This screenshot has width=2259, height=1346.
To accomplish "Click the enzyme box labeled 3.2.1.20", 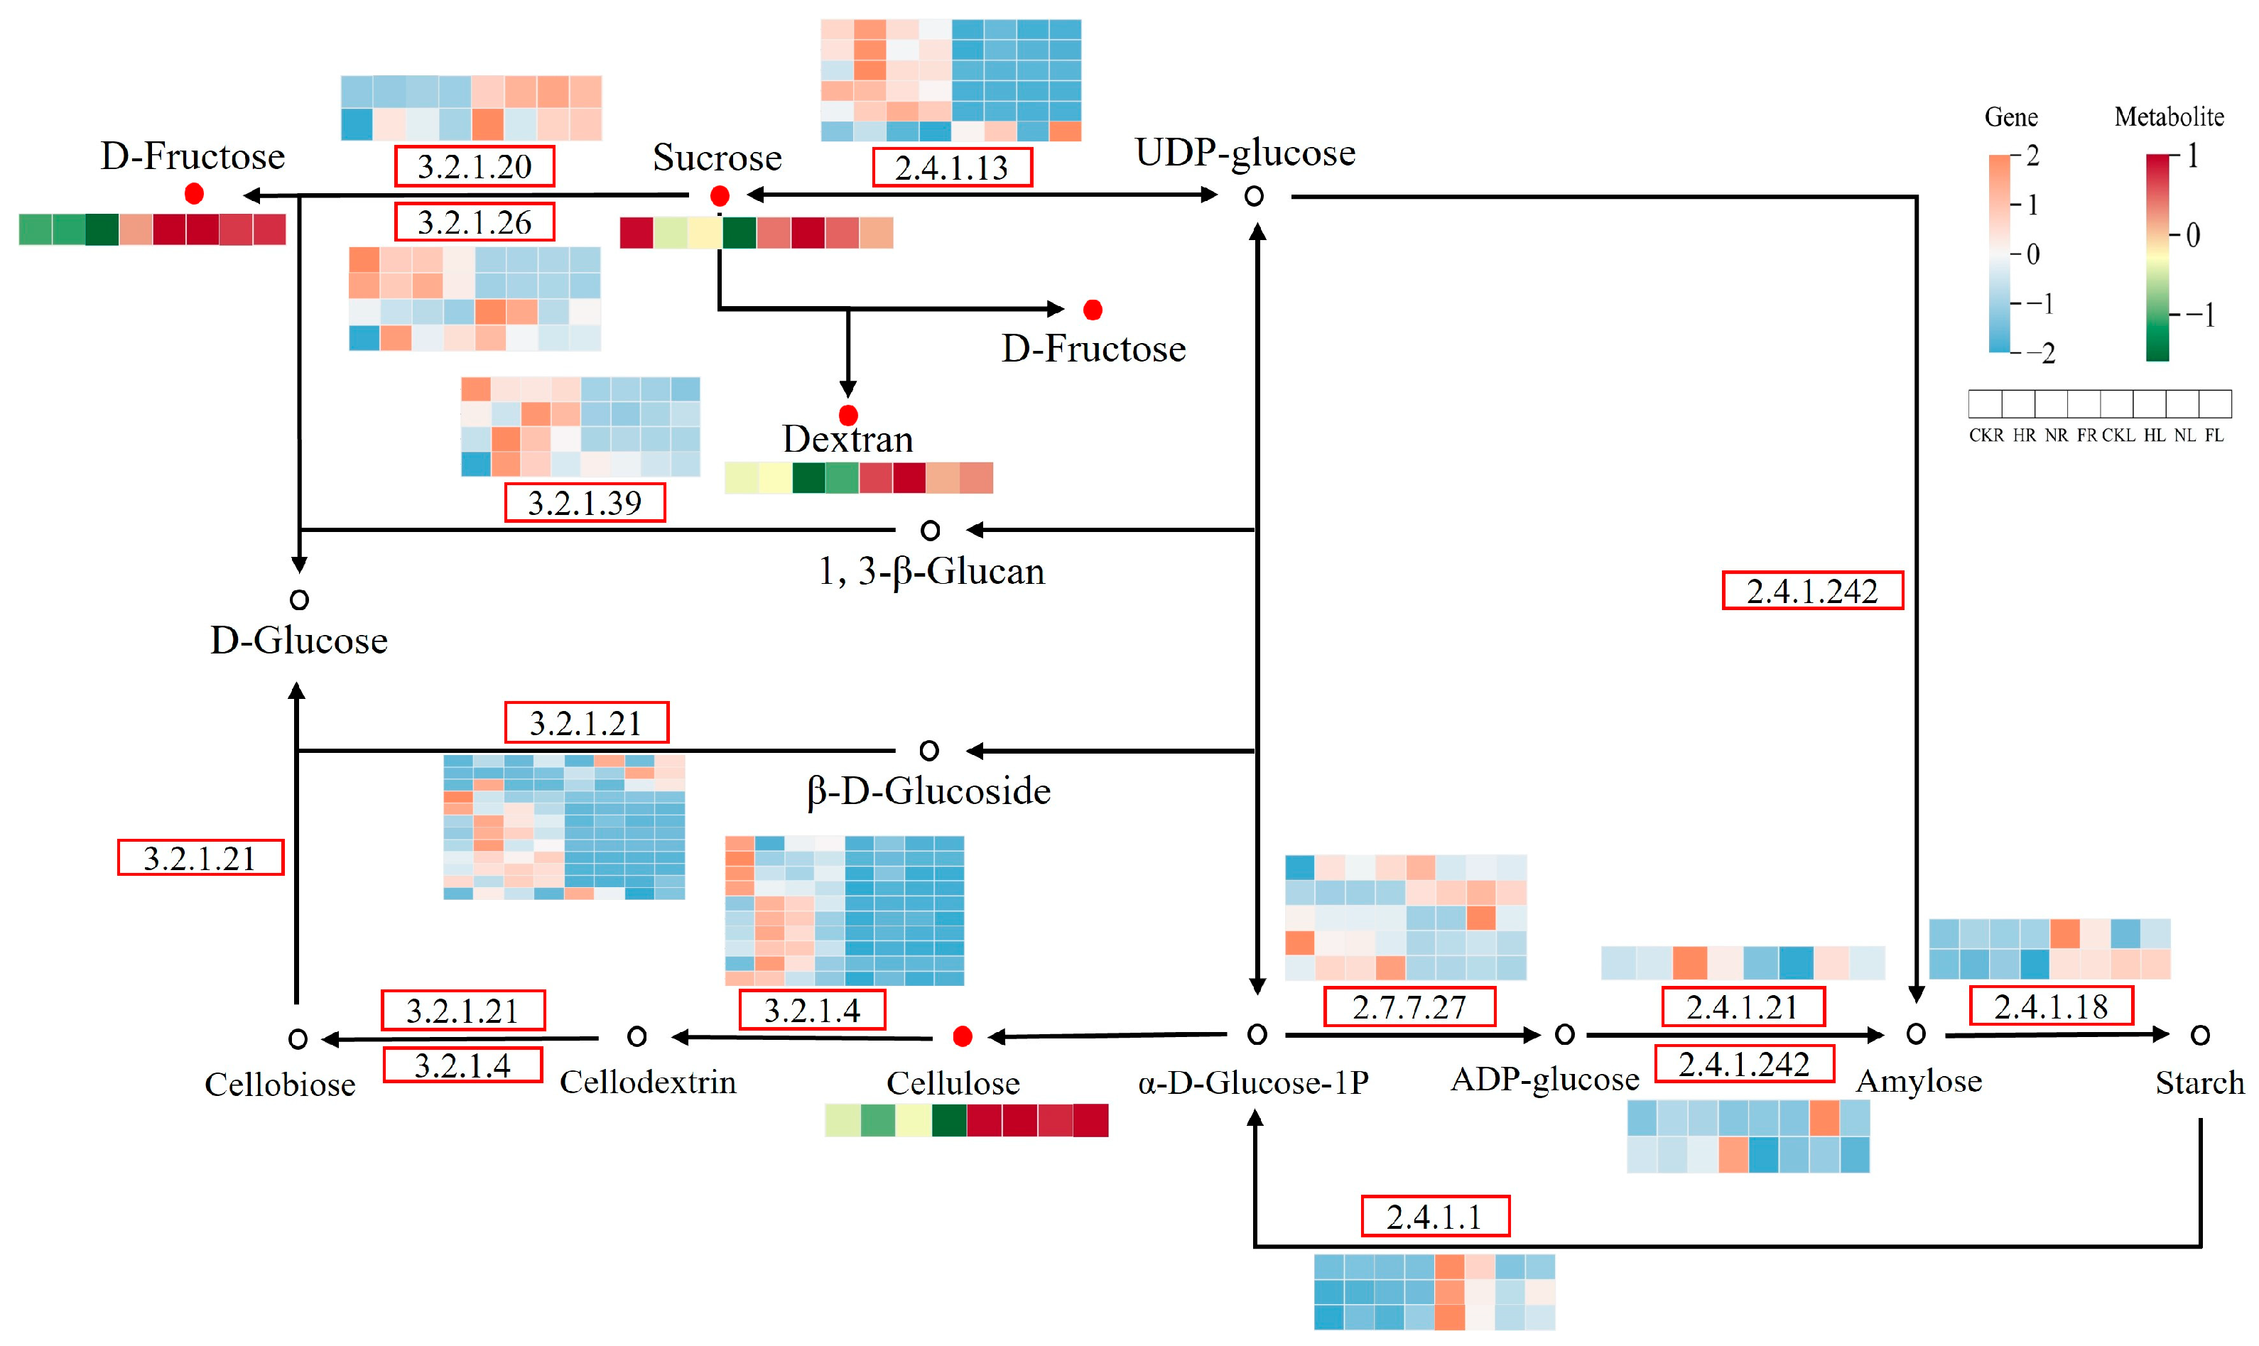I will pyautogui.click(x=475, y=166).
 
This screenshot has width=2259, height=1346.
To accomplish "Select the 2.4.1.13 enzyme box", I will pyautogui.click(x=951, y=168).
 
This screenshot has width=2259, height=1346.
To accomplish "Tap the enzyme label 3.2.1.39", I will pyautogui.click(x=584, y=502).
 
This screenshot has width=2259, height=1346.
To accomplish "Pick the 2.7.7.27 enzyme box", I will pyautogui.click(x=1409, y=1006).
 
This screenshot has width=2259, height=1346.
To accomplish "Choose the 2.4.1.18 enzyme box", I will pyautogui.click(x=2050, y=1006).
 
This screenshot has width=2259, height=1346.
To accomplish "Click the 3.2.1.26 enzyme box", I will pyautogui.click(x=475, y=222).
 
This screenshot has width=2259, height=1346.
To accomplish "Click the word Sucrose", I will pyautogui.click(x=717, y=158).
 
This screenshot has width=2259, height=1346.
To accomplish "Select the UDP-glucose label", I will pyautogui.click(x=1245, y=153).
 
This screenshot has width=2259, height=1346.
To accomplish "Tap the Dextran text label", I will pyautogui.click(x=848, y=439).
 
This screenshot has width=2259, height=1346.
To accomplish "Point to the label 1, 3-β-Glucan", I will pyautogui.click(x=931, y=571).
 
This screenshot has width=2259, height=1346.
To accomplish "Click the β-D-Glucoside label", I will pyautogui.click(x=928, y=791).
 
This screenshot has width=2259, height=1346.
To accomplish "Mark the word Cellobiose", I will pyautogui.click(x=279, y=1084).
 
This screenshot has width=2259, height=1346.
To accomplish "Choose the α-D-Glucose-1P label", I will pyautogui.click(x=1253, y=1082).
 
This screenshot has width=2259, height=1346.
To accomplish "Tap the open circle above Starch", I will pyautogui.click(x=2199, y=1035).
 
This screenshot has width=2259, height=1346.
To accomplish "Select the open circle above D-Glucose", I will pyautogui.click(x=299, y=599).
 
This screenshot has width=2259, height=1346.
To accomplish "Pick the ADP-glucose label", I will pyautogui.click(x=1544, y=1080).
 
